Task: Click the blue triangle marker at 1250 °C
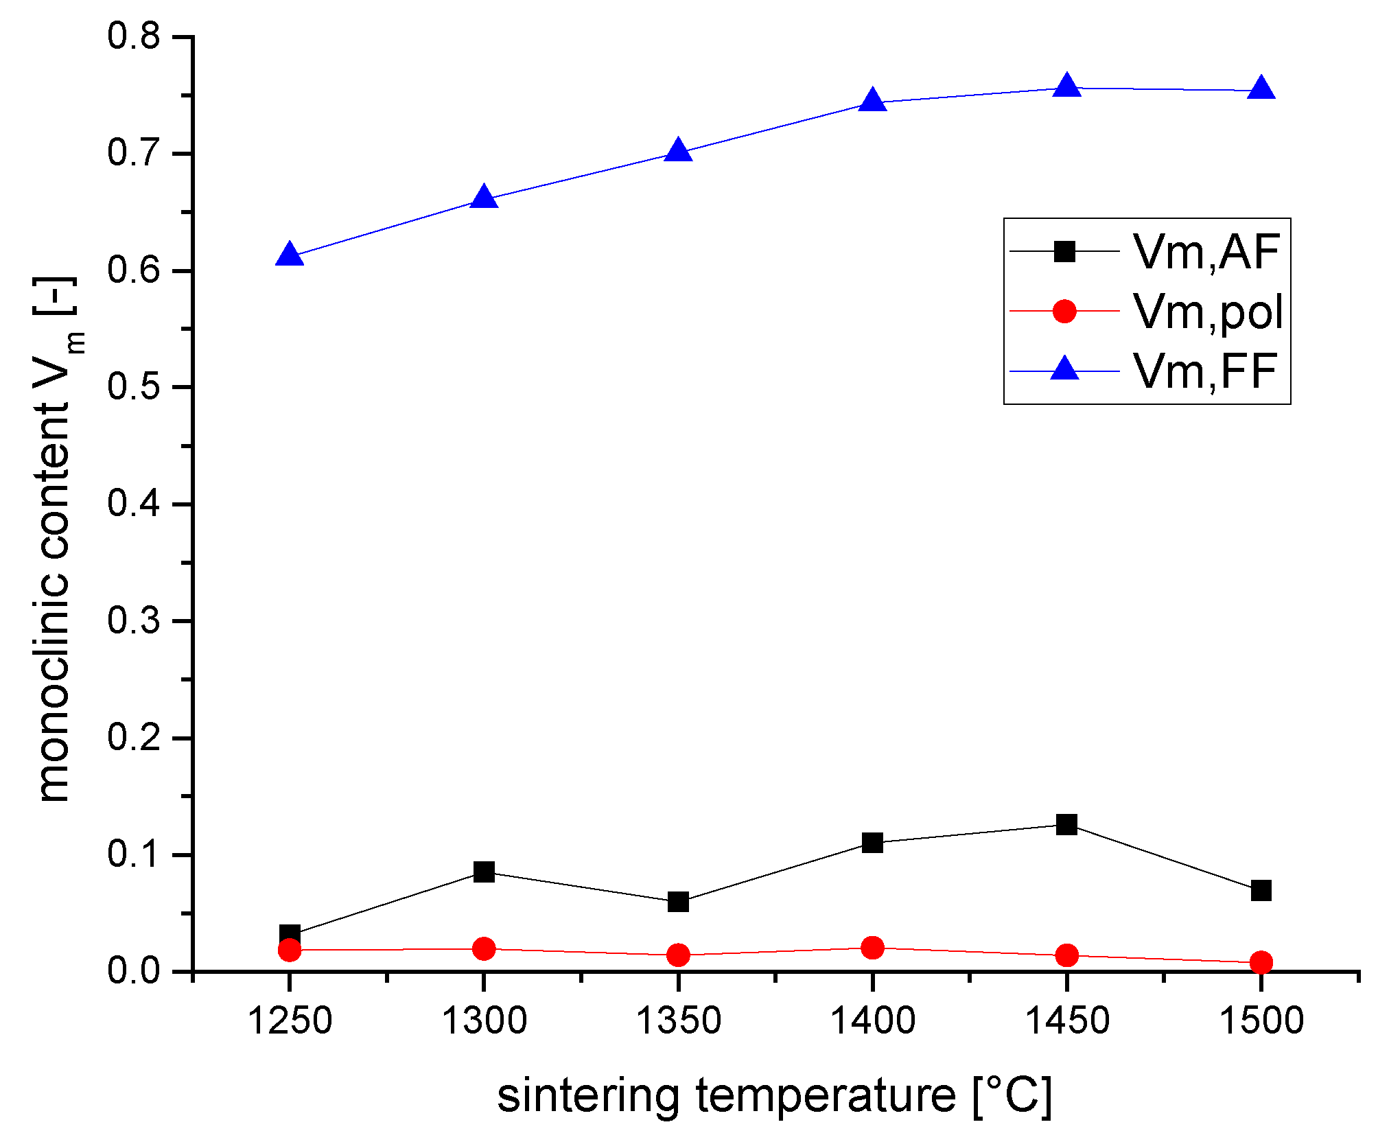(x=290, y=255)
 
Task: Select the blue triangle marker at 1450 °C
(x=1066, y=87)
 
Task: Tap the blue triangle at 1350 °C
(x=678, y=150)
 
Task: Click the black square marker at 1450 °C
(x=1066, y=824)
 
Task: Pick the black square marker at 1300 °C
(x=484, y=872)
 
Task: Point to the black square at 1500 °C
(x=1261, y=891)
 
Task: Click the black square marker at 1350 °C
(x=678, y=902)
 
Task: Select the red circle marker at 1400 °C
(x=872, y=948)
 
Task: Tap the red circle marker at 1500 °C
(x=1261, y=962)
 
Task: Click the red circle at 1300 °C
(x=484, y=949)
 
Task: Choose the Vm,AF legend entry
(x=1206, y=252)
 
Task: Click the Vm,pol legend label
(x=1207, y=312)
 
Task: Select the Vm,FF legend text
(x=1204, y=371)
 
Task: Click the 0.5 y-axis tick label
(x=134, y=387)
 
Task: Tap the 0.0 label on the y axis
(x=134, y=972)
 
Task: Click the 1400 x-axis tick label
(x=872, y=1021)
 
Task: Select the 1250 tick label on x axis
(x=290, y=1021)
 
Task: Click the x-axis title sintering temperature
(x=774, y=1095)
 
